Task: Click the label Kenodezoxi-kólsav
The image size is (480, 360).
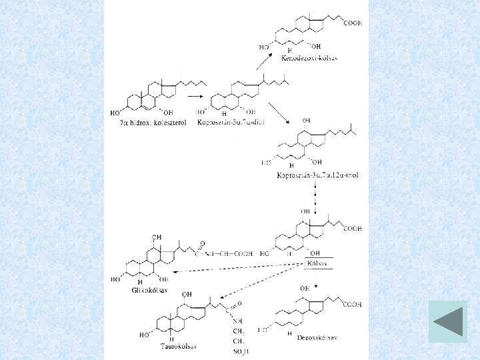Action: (311, 59)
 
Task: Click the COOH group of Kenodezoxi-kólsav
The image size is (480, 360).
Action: (353, 23)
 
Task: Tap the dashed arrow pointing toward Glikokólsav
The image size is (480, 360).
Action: (233, 269)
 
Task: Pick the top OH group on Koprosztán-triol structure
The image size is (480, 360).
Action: (306, 121)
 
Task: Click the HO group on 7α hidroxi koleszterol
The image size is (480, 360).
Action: (115, 113)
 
